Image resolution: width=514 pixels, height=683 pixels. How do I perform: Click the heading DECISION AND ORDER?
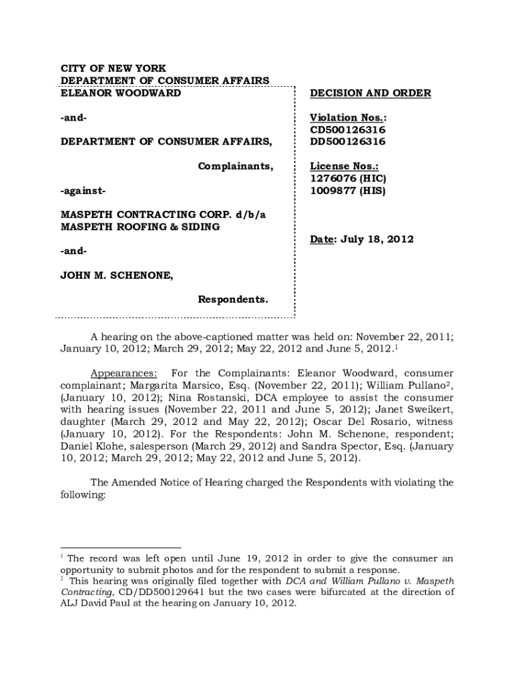(x=370, y=93)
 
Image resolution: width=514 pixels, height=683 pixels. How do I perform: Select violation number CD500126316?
(x=348, y=129)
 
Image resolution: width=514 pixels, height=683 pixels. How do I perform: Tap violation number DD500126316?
(x=348, y=142)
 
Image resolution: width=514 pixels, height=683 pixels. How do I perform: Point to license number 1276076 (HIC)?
(x=348, y=179)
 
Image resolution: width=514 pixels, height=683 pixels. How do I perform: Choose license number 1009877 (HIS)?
(x=347, y=191)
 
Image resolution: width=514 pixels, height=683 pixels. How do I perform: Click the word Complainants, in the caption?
(x=235, y=166)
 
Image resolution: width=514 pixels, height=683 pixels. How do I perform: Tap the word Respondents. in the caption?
(x=233, y=299)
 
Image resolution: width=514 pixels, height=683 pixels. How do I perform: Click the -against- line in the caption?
(x=83, y=191)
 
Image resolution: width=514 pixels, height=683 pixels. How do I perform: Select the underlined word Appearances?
(x=123, y=374)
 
